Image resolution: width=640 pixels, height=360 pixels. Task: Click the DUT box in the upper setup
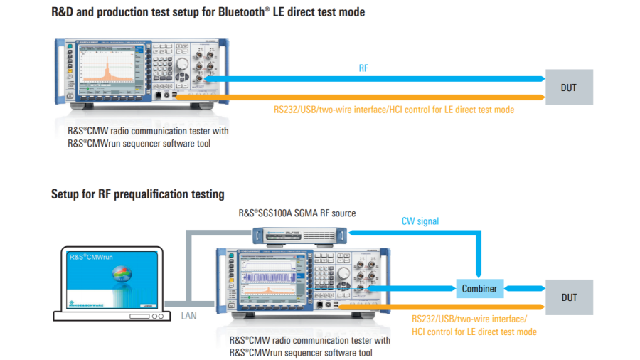click(568, 88)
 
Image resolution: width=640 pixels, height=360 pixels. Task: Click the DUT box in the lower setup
click(568, 297)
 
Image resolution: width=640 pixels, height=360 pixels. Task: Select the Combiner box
click(480, 288)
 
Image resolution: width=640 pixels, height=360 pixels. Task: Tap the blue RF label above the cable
click(363, 68)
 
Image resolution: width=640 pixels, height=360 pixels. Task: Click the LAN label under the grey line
click(188, 314)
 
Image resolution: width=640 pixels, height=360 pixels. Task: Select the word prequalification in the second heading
click(151, 194)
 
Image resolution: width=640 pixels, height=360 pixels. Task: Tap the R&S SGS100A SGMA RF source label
click(297, 213)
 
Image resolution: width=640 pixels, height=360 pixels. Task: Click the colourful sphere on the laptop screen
click(123, 275)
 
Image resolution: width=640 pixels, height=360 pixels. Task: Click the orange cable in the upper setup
click(356, 97)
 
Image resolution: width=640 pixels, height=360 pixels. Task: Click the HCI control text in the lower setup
click(474, 332)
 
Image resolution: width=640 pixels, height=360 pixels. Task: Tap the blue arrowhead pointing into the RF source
click(353, 231)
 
